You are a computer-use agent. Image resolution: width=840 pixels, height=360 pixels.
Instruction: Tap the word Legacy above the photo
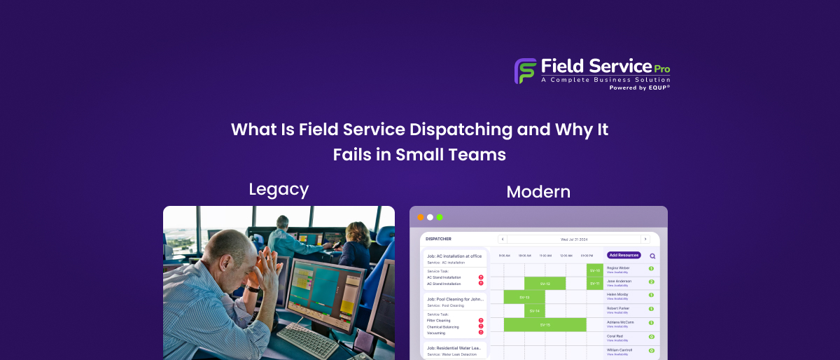pyautogui.click(x=279, y=189)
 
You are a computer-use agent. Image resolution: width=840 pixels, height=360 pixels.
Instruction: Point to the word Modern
pyautogui.click(x=538, y=191)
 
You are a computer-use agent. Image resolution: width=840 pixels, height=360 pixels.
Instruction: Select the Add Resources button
pyautogui.click(x=623, y=255)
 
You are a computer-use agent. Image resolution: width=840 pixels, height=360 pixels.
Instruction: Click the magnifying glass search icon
pyautogui.click(x=652, y=256)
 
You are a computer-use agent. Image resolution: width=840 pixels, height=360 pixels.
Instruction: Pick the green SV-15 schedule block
pyautogui.click(x=545, y=325)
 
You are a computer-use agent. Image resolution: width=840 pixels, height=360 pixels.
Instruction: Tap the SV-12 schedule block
pyautogui.click(x=545, y=284)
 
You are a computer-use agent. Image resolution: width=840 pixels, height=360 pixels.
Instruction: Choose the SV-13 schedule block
pyautogui.click(x=524, y=297)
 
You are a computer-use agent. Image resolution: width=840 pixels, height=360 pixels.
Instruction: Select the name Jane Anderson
pyautogui.click(x=619, y=281)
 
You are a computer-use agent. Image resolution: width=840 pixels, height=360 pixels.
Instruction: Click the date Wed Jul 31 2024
pyautogui.click(x=574, y=239)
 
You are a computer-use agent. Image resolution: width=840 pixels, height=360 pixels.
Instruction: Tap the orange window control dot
pyautogui.click(x=421, y=217)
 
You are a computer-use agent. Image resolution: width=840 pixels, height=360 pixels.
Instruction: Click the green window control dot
pyautogui.click(x=440, y=217)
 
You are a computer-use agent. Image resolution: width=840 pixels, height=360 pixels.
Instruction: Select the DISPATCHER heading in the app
pyautogui.click(x=439, y=239)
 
